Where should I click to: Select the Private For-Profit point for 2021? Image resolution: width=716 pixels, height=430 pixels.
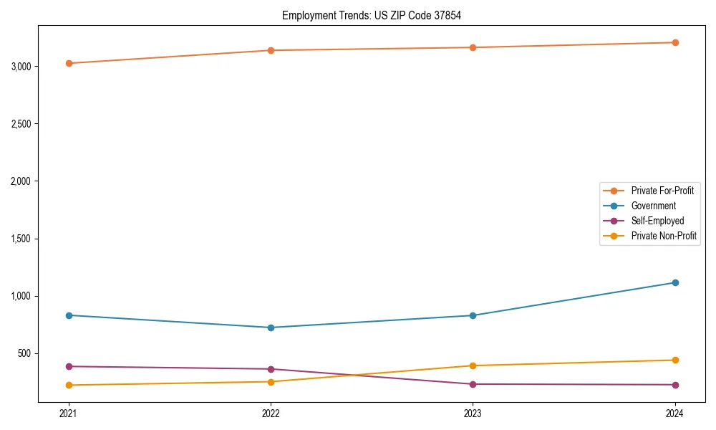[x=69, y=63]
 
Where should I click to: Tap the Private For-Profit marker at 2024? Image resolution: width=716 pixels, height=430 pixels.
[x=674, y=42]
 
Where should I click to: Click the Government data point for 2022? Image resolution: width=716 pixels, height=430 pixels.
[x=271, y=328]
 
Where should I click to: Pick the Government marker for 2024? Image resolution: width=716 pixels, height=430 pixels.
[x=674, y=282]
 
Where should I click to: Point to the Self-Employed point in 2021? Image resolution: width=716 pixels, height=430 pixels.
[x=69, y=366]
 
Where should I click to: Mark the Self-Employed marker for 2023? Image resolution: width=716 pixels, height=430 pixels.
[x=473, y=384]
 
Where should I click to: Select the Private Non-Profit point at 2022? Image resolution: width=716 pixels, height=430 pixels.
[x=271, y=381]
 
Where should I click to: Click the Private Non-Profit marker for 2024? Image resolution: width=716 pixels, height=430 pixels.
[x=674, y=360]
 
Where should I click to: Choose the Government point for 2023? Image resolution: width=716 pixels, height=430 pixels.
[x=473, y=315]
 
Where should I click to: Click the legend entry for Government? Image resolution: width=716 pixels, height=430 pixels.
[x=653, y=206]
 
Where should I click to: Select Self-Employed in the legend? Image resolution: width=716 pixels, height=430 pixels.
[x=657, y=221]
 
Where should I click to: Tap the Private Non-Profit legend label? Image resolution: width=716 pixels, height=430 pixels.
[x=664, y=236]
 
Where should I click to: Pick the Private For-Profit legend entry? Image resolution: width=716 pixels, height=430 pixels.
[x=662, y=191]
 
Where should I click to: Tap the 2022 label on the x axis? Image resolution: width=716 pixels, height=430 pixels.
[x=271, y=413]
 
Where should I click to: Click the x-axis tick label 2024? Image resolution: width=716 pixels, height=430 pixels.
[x=674, y=413]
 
